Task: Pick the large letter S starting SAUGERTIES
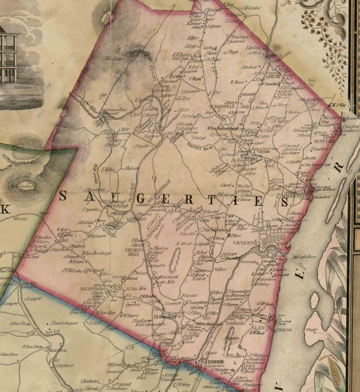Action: [x=63, y=196]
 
